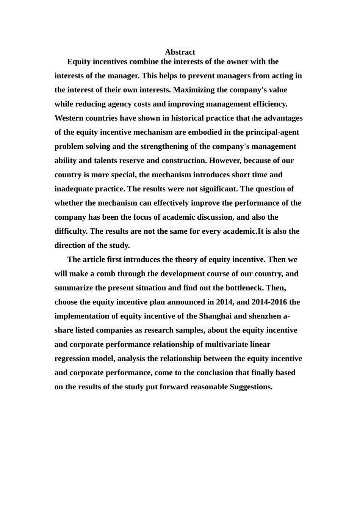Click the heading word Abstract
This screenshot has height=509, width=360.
click(180, 52)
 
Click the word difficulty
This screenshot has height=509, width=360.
click(71, 231)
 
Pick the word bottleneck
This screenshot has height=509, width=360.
click(243, 288)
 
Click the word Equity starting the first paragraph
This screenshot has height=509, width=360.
click(79, 62)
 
